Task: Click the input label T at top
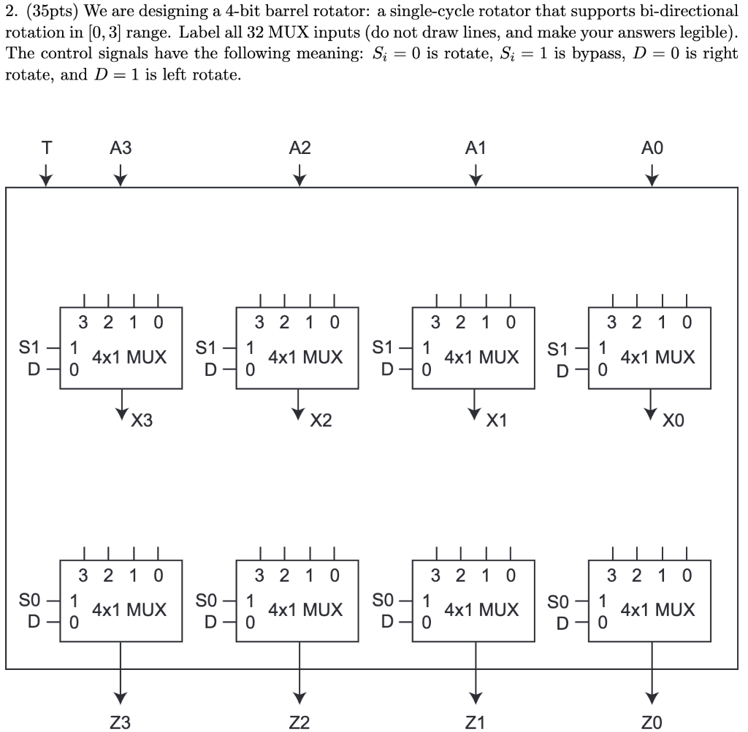click(47, 148)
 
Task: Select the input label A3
click(121, 148)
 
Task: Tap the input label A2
click(299, 148)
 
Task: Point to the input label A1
click(476, 148)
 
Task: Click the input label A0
click(652, 148)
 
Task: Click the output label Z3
click(121, 723)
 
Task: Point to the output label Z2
click(299, 723)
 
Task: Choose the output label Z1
click(476, 723)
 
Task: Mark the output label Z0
click(652, 723)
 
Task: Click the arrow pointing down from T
click(47, 175)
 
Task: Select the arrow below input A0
click(652, 175)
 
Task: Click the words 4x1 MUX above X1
click(481, 358)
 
